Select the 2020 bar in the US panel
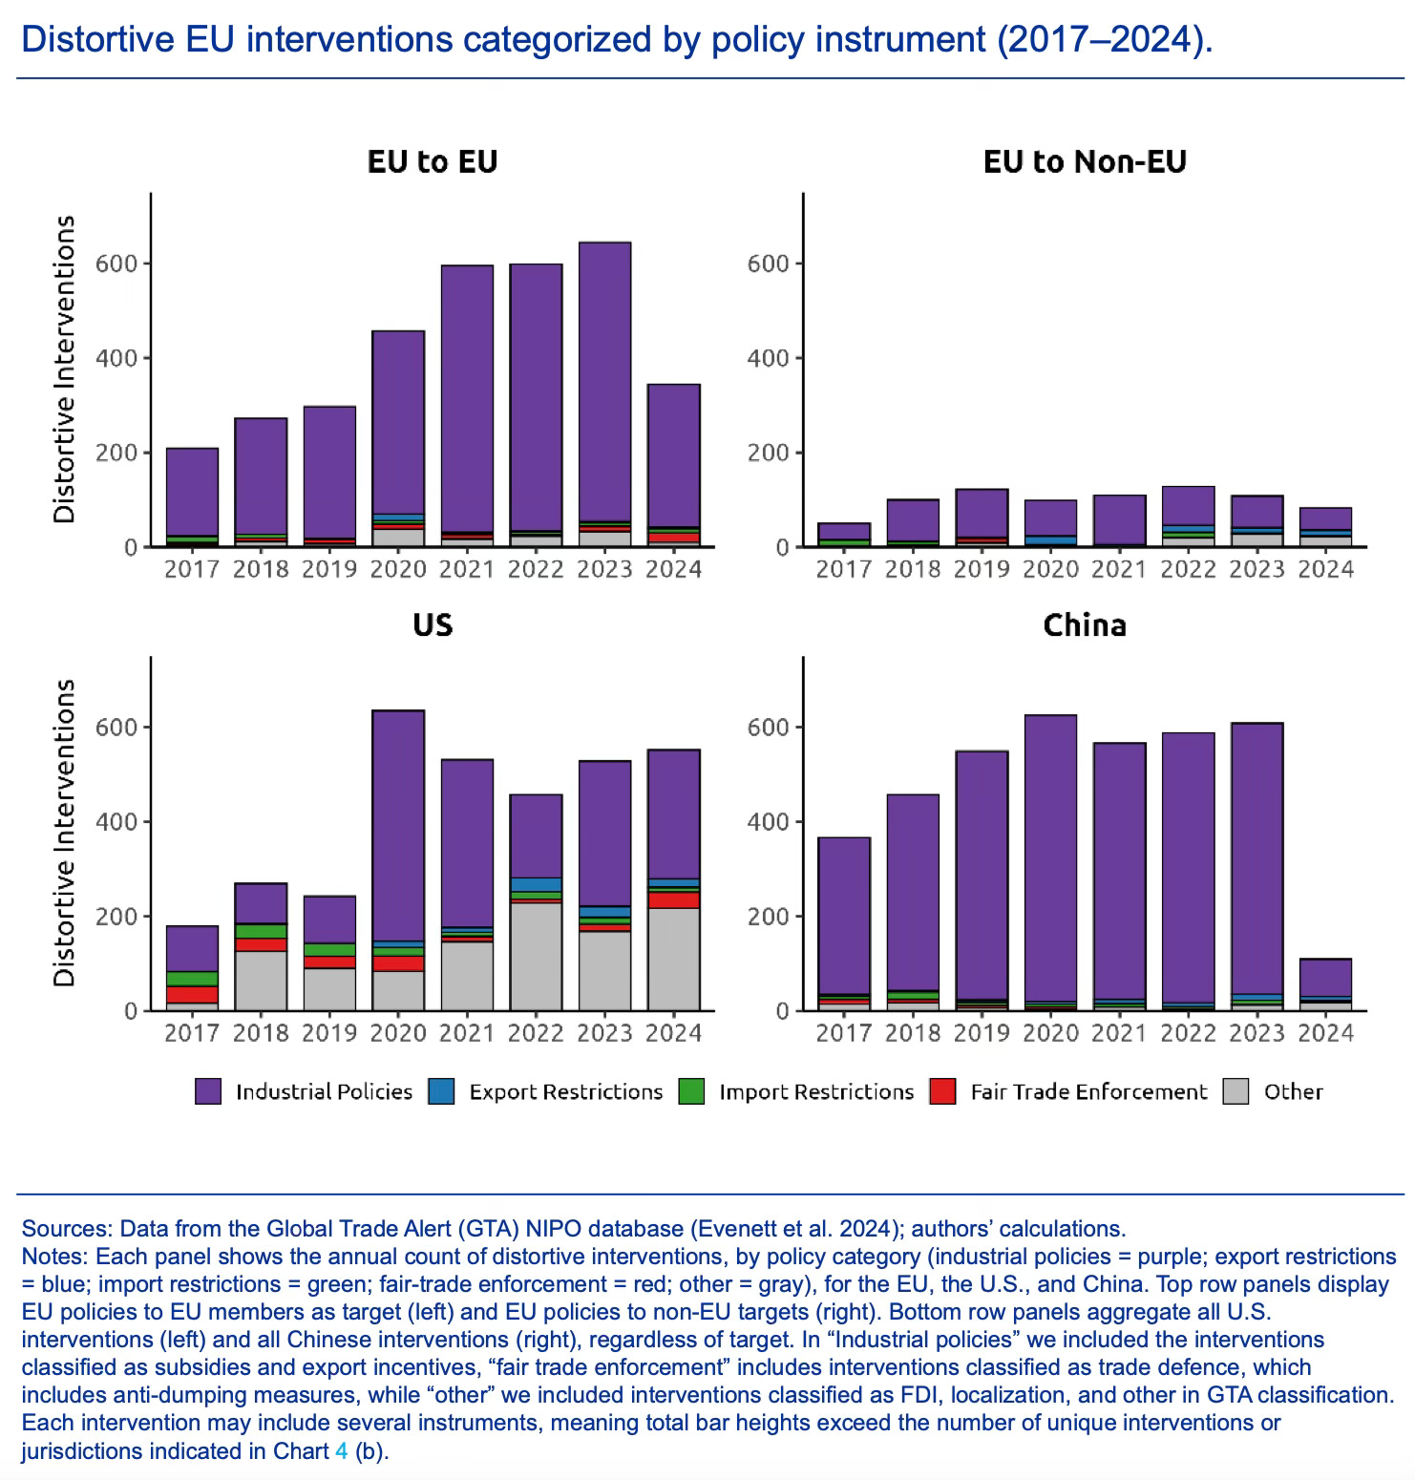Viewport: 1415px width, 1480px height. (398, 859)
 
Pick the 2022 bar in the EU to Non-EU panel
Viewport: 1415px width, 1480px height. (1188, 516)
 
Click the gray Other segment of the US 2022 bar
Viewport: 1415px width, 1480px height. (536, 955)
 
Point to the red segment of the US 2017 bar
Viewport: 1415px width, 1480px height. (192, 994)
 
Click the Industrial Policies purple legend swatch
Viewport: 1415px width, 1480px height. (208, 1091)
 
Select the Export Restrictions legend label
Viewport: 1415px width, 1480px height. (565, 1091)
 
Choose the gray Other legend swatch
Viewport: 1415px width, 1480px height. (1235, 1091)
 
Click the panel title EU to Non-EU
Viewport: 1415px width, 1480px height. (1085, 161)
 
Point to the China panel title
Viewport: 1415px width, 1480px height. (1085, 625)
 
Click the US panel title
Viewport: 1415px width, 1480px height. (433, 625)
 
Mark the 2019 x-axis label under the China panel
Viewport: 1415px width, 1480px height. (982, 1033)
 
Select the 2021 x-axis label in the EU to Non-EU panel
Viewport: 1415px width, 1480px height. (1119, 570)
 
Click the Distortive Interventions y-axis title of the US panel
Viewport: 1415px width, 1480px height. (65, 833)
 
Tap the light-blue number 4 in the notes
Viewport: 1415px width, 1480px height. (341, 1450)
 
